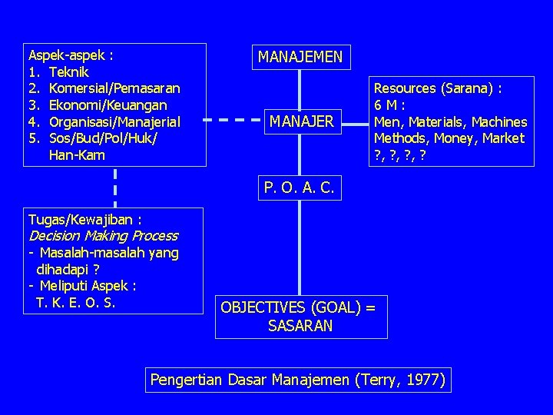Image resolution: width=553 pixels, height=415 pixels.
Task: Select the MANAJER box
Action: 301,121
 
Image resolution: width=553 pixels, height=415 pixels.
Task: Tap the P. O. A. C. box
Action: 298,186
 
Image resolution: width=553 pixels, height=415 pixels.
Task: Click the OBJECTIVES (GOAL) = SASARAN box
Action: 300,317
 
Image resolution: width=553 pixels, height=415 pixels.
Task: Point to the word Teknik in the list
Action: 68,72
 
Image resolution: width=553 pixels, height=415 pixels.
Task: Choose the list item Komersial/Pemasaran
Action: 114,88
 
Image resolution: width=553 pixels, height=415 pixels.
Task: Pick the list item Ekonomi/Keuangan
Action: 108,105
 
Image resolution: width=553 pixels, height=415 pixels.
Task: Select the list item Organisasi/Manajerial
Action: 114,121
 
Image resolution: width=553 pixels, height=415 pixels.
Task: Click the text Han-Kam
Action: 78,154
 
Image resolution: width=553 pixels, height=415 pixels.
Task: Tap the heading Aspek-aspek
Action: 68,55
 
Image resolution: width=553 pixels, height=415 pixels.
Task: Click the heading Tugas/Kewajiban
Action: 84,220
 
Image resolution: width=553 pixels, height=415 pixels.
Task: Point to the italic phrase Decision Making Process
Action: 102,236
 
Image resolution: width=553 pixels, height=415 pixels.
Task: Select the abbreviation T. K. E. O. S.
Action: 75,302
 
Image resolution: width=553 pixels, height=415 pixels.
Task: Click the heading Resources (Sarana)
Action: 438,88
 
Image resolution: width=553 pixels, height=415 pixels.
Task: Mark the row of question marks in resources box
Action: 399,154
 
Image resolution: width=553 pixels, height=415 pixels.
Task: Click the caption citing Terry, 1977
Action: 298,380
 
